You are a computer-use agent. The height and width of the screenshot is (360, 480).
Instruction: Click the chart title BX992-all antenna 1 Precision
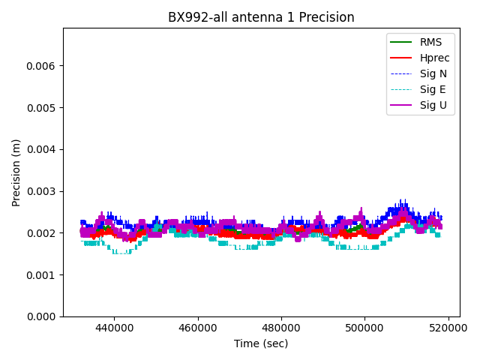(261, 17)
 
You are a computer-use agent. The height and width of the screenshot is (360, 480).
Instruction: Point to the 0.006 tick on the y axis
(43, 66)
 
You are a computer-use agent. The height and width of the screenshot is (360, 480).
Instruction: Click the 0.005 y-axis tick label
(43, 108)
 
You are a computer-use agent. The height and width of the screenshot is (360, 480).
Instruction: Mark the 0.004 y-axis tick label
(43, 149)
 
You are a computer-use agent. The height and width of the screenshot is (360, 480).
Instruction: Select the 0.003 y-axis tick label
(43, 191)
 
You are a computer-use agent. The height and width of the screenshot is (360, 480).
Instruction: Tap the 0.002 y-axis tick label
(43, 233)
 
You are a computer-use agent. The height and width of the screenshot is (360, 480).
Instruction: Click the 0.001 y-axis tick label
(43, 275)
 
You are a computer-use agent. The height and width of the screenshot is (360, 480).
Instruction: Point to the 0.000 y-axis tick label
(43, 316)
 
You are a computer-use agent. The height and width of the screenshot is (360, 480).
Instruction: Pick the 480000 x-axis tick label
(282, 328)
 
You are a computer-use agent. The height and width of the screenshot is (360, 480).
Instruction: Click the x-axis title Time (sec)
(261, 343)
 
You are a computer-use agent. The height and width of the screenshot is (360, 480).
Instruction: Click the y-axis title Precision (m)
(16, 172)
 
